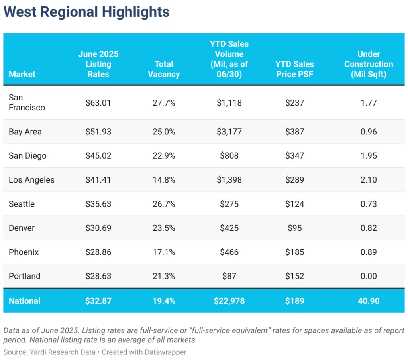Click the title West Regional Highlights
point(86,12)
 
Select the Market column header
point(22,74)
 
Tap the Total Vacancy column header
point(164,69)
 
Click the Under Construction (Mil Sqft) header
point(369,64)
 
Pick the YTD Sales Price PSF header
point(294,69)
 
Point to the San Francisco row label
point(27,102)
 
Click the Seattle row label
point(22,204)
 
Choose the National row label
point(24,301)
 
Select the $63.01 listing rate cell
point(98,103)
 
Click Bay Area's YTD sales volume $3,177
point(229,132)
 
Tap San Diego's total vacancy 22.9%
point(164,155)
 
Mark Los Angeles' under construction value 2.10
point(369,180)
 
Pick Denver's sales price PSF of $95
point(294,228)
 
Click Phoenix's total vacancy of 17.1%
point(164,252)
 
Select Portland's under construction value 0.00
point(369,276)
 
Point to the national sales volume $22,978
point(229,301)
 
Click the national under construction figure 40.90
point(369,301)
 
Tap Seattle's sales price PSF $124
point(294,204)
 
